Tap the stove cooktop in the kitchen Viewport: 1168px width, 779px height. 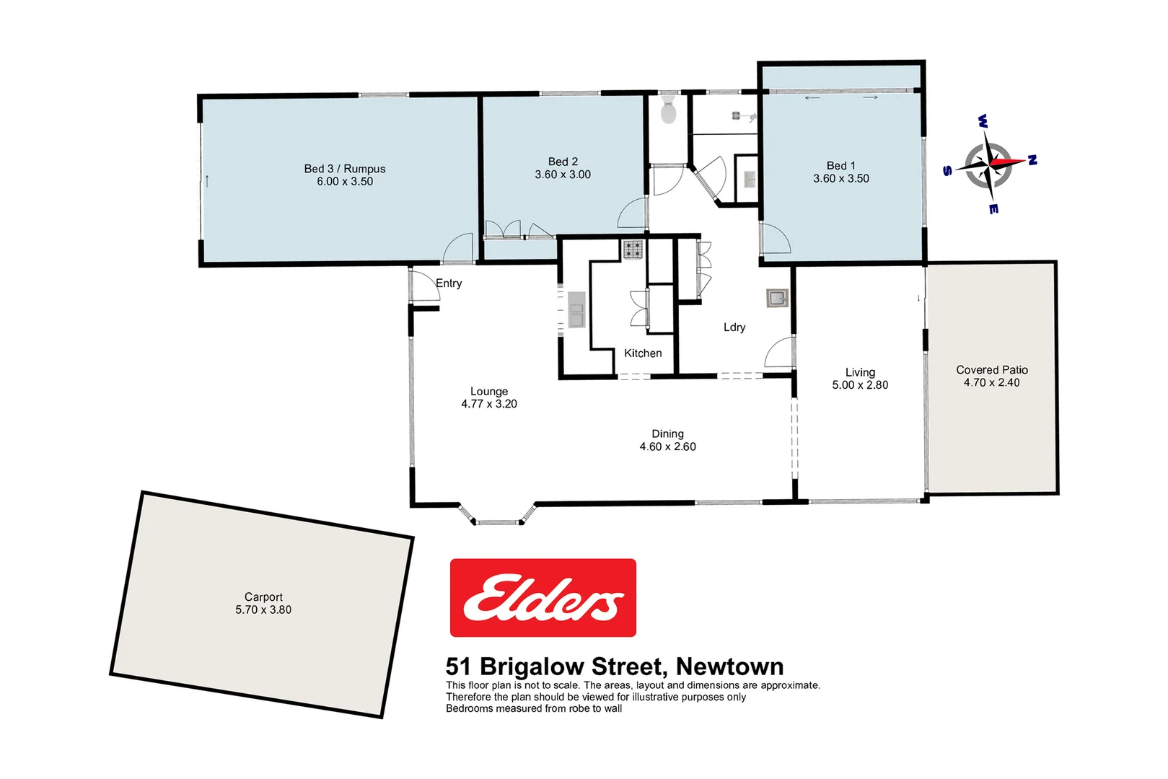(x=633, y=250)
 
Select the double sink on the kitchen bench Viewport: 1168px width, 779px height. (x=576, y=309)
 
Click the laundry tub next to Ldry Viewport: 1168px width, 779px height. (x=777, y=298)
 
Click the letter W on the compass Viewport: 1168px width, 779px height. (x=983, y=120)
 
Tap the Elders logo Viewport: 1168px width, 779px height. (x=543, y=597)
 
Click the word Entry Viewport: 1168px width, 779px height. (x=449, y=283)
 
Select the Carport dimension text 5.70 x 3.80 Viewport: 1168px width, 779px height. (x=263, y=609)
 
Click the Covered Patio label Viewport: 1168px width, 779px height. (x=992, y=370)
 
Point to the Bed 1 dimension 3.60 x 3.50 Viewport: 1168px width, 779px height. (x=841, y=178)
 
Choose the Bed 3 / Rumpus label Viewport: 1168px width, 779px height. (x=345, y=169)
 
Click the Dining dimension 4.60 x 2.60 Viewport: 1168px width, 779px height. (x=667, y=446)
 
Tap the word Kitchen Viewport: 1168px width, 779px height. (x=643, y=353)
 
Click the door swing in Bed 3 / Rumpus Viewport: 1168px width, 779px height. (x=457, y=249)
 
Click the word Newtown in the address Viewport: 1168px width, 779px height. (x=729, y=666)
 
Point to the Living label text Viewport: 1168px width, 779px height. (x=860, y=372)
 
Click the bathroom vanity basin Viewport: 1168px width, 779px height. (x=750, y=179)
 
